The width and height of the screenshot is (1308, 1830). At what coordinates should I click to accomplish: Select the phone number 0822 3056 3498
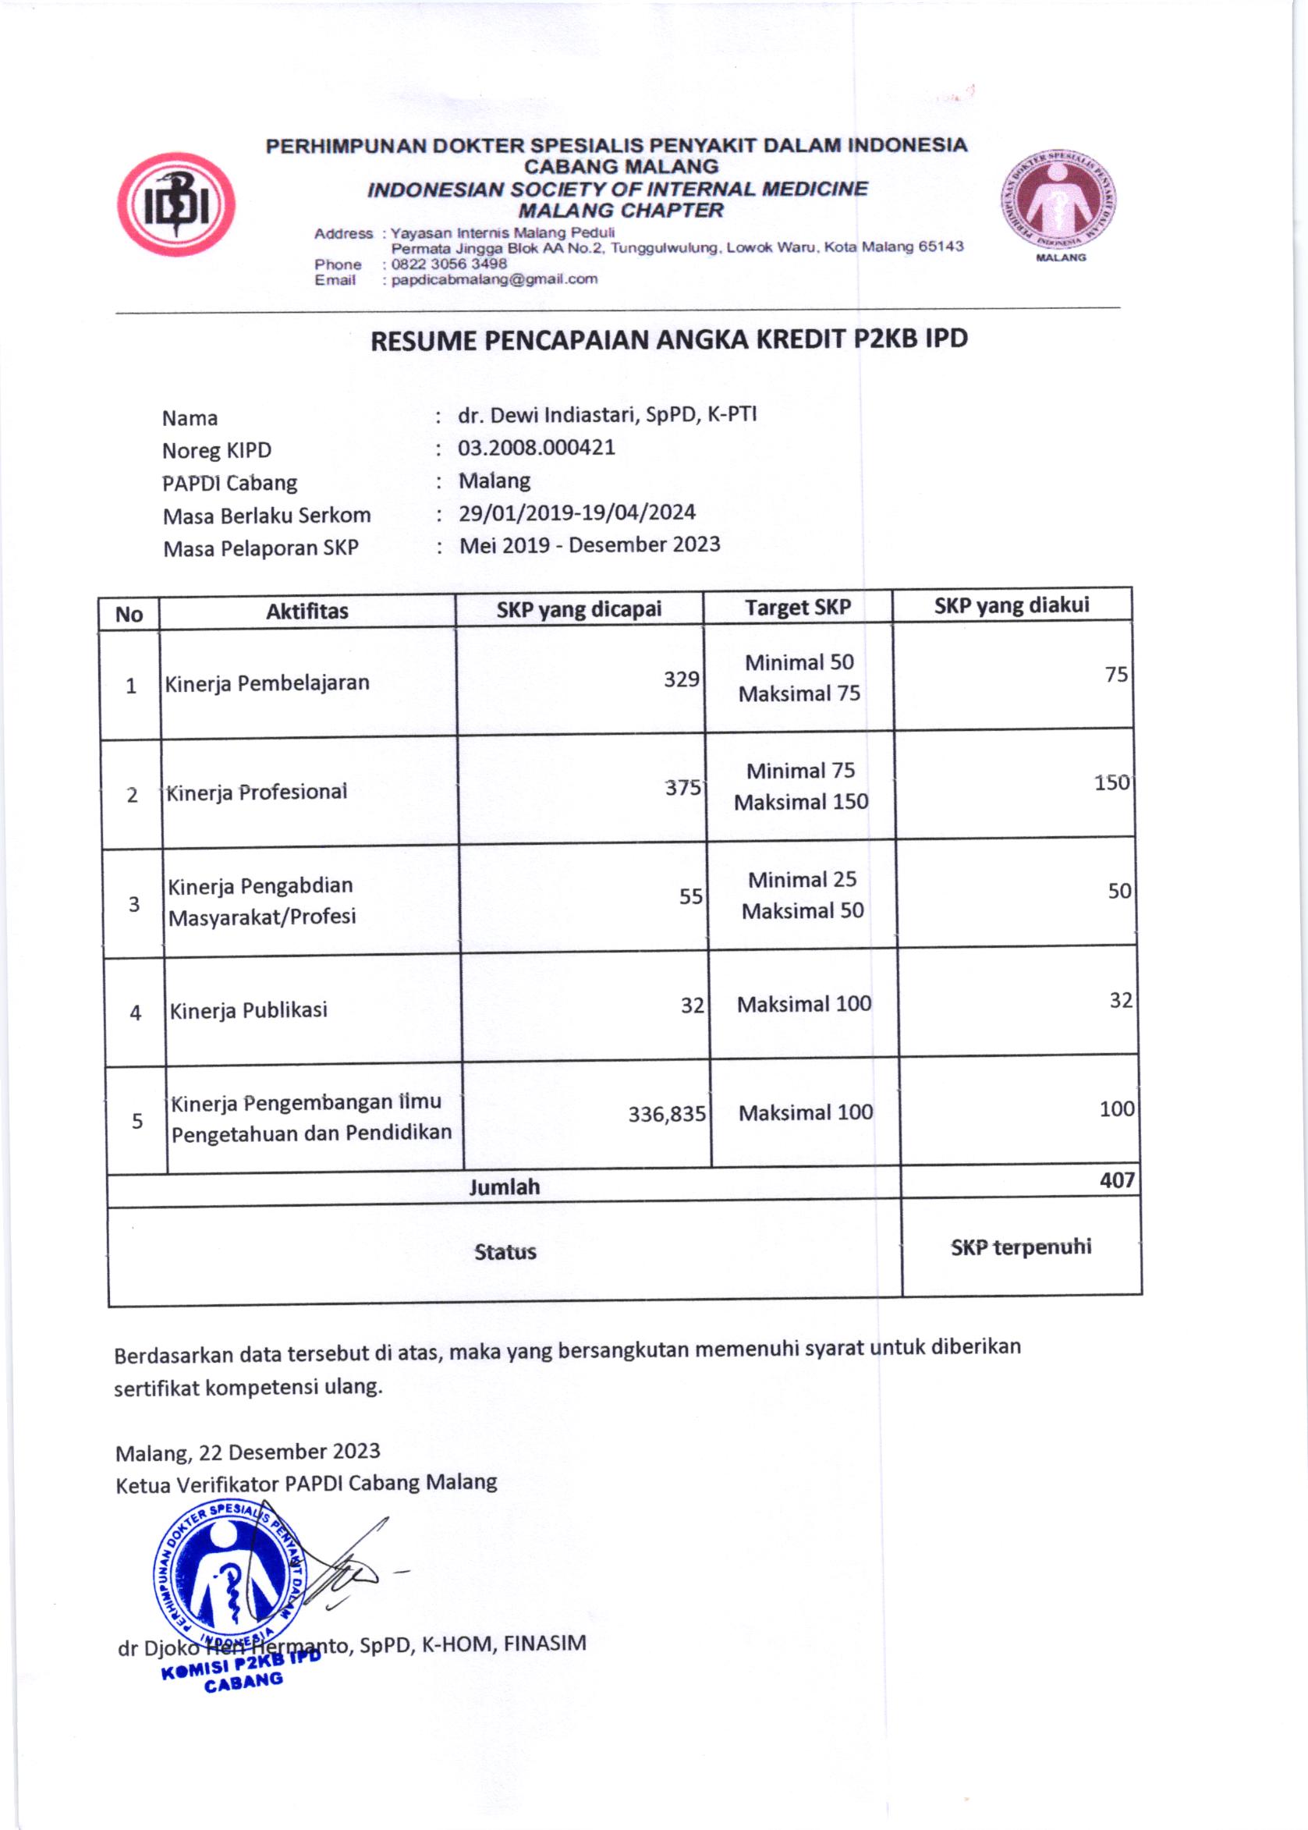tap(448, 264)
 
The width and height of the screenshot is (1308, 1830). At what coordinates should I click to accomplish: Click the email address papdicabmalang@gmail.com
tap(494, 279)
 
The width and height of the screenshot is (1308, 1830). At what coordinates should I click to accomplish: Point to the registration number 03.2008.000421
tap(537, 448)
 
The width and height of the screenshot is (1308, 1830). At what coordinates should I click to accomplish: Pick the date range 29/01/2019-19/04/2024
tap(576, 512)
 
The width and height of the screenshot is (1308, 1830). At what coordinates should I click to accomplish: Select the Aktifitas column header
tap(307, 612)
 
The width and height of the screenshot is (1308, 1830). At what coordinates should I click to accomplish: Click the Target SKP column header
tap(797, 608)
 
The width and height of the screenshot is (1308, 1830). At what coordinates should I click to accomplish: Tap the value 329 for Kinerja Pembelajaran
tap(681, 679)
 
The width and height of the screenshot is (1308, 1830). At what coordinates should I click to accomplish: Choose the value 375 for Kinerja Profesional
tap(683, 787)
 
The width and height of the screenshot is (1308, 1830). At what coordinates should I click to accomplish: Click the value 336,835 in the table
tap(666, 1115)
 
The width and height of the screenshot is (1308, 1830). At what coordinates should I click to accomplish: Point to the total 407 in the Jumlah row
tap(1116, 1181)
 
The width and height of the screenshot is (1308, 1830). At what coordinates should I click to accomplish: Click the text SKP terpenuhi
tap(1020, 1247)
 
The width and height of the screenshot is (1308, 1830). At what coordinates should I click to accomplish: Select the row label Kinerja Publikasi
tap(248, 1010)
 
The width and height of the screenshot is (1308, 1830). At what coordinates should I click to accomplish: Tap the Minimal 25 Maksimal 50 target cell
tap(803, 895)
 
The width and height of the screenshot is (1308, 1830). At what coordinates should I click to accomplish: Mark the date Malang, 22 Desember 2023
tap(247, 1452)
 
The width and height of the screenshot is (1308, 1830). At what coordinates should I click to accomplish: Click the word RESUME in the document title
tap(423, 341)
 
